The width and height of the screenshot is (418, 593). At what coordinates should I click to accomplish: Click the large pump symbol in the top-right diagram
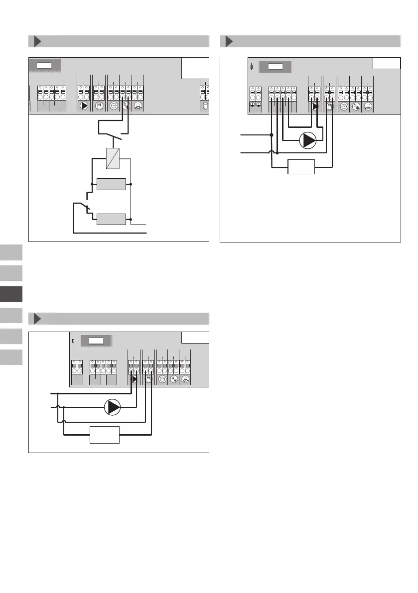307,140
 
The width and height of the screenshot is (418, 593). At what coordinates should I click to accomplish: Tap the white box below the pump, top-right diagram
301,167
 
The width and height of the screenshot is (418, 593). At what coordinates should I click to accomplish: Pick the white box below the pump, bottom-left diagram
105,435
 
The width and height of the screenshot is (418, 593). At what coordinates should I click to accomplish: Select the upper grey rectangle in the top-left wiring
111,184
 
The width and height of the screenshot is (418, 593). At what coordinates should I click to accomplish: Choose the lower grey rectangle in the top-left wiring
111,219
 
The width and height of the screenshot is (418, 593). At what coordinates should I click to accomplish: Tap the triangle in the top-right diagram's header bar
229,41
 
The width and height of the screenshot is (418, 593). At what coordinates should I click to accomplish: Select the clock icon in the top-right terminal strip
343,106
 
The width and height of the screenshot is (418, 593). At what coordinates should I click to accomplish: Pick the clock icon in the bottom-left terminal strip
162,379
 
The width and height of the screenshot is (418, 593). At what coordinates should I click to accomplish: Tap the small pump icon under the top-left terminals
84,106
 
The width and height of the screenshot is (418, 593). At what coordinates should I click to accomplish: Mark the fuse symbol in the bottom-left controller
74,341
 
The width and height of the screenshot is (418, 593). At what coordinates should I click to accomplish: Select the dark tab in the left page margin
11,294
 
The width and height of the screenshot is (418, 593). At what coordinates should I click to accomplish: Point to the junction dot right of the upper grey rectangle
130,184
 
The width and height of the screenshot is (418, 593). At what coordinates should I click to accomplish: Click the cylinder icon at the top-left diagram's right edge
205,106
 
